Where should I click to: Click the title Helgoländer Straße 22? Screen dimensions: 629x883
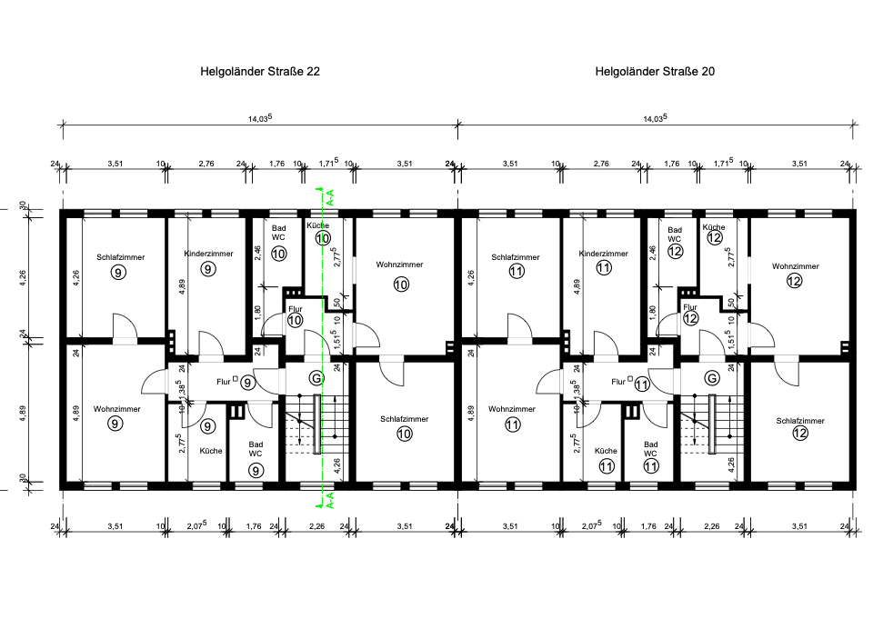(x=259, y=71)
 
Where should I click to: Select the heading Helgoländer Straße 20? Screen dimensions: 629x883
(x=654, y=71)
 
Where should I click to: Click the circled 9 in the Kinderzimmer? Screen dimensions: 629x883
(x=208, y=269)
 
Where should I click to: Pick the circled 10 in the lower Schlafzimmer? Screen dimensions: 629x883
(x=405, y=434)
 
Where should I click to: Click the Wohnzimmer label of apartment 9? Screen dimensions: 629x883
(x=116, y=409)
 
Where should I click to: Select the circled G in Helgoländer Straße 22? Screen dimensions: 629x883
(x=316, y=377)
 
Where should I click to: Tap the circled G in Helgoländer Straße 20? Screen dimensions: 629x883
(x=712, y=377)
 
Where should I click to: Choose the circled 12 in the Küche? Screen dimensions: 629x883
(x=715, y=238)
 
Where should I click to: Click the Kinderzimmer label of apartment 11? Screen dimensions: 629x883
(x=603, y=254)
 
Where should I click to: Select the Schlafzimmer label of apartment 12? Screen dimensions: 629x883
(x=800, y=421)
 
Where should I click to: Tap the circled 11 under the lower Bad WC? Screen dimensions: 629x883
(x=651, y=467)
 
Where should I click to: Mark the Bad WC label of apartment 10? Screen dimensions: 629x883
(x=278, y=235)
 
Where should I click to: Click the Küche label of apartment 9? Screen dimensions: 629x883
(x=210, y=451)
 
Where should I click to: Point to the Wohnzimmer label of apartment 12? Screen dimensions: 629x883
(x=795, y=266)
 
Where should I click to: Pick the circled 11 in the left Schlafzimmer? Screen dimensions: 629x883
(x=516, y=271)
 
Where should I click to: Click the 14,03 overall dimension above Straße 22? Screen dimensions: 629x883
(x=259, y=119)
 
